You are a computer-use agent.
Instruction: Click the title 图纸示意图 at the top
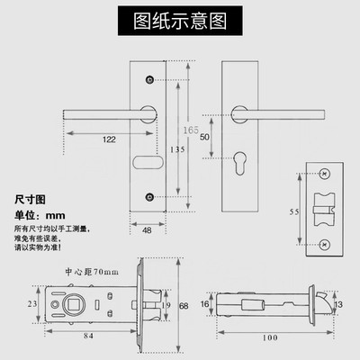pyautogui.click(x=179, y=18)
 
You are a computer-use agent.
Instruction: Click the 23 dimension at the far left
pyautogui.click(x=32, y=306)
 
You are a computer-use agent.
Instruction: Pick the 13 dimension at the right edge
pyautogui.click(x=338, y=306)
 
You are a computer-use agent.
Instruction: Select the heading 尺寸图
pyautogui.click(x=29, y=198)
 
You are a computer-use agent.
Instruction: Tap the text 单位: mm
pyautogui.click(x=40, y=215)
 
